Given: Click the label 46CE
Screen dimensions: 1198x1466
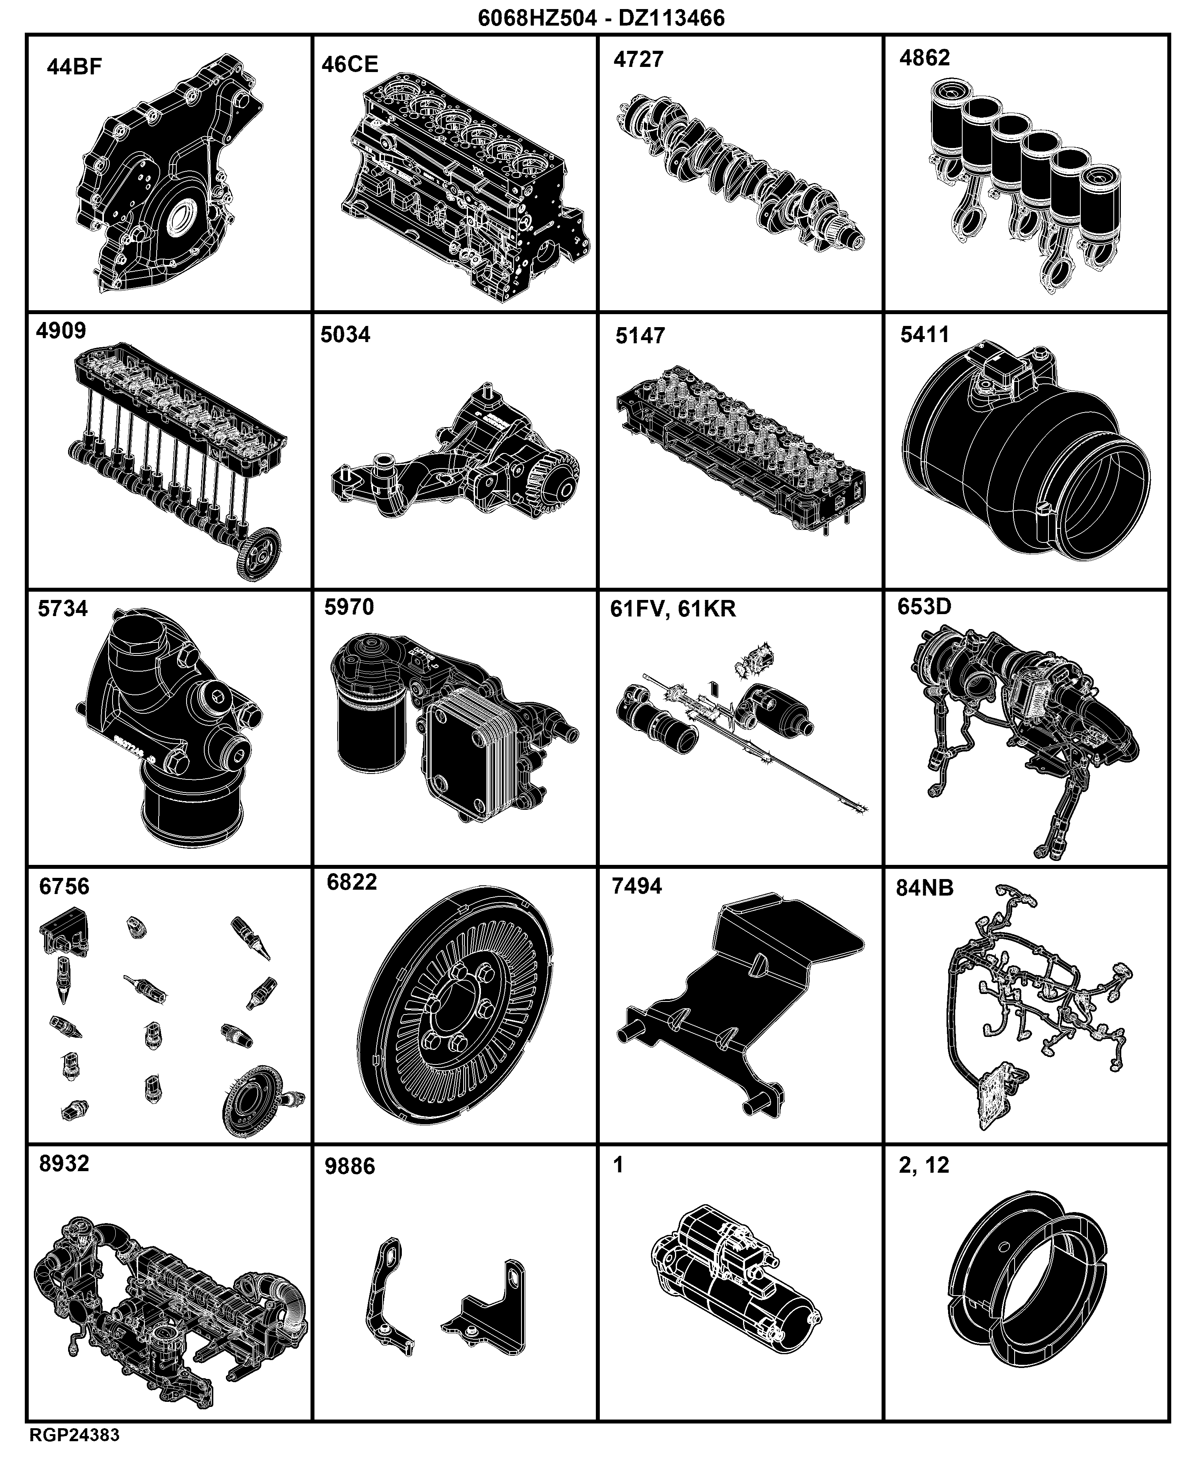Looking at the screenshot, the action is point(350,64).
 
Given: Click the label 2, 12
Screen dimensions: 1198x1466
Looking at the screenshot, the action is point(924,1165).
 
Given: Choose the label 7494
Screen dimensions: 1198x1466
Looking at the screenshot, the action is point(637,885).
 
